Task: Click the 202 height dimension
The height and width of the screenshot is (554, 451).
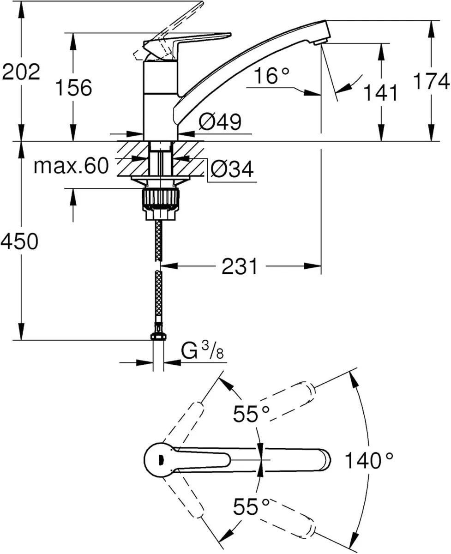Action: (21, 72)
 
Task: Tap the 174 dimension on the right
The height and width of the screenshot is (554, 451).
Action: (431, 82)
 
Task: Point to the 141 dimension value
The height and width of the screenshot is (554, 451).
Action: (380, 93)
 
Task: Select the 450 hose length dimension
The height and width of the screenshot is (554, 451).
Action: (19, 241)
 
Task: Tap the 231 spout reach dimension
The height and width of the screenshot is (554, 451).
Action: (239, 266)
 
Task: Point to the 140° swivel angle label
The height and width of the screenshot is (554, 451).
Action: (369, 460)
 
